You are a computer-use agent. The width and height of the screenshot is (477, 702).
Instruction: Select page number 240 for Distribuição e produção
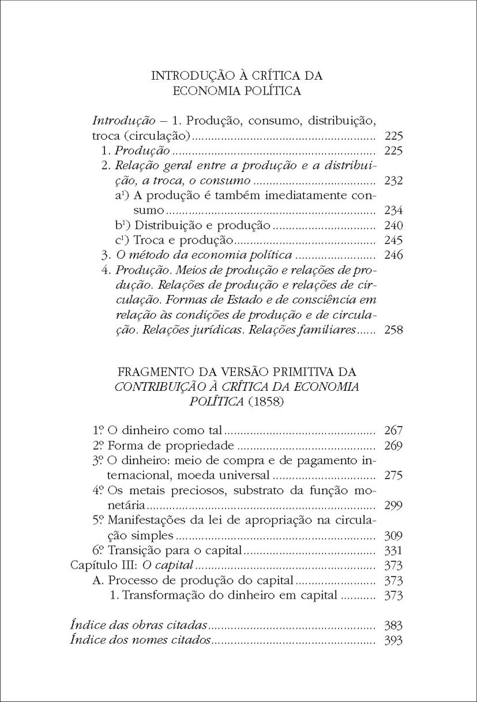[x=392, y=226]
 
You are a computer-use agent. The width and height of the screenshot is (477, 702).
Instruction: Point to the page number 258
[x=392, y=331]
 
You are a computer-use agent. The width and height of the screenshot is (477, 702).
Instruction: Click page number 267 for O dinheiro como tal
[x=392, y=431]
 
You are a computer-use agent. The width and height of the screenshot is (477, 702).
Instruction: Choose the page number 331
[x=392, y=550]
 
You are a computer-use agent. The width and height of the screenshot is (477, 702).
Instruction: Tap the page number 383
[x=392, y=625]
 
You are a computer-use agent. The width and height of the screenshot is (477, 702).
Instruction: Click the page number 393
[x=392, y=640]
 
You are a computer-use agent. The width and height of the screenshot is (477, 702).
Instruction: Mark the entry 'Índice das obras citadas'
[x=138, y=625]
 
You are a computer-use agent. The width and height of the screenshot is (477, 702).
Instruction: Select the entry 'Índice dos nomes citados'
[x=140, y=640]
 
